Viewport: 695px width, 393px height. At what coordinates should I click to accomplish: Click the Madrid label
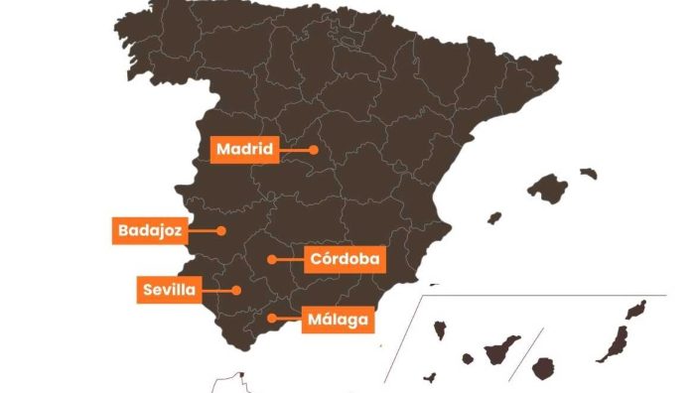coord(244,150)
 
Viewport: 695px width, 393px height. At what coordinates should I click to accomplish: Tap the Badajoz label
coord(149,230)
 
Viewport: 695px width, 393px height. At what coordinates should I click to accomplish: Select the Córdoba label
coord(345,259)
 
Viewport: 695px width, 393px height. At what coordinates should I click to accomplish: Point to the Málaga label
coord(338,320)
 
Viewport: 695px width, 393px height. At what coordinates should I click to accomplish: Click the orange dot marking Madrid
coord(313,150)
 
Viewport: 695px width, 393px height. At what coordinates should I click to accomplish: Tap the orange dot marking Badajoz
coord(222,230)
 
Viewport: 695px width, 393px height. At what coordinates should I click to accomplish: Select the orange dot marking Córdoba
coord(271,259)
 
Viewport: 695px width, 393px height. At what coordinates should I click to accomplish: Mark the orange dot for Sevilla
coord(237,290)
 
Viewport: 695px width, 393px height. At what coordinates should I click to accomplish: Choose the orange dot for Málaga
coord(272,319)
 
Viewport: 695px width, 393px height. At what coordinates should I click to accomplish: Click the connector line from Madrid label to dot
coord(294,150)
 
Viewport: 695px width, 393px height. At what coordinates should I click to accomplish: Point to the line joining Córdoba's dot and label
coord(289,259)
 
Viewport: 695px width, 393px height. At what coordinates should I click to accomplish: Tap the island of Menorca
coord(589,173)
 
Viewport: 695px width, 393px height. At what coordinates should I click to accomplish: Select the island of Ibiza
coord(493,217)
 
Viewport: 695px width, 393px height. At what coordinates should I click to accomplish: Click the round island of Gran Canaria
coord(542,368)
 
